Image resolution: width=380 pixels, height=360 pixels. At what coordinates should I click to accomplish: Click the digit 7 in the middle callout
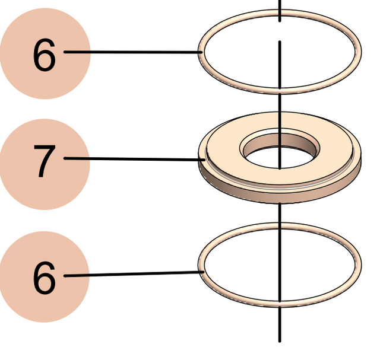[x=44, y=161]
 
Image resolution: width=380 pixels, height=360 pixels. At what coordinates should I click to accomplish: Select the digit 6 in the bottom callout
[x=44, y=278]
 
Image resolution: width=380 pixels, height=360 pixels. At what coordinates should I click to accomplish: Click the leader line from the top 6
[x=131, y=52]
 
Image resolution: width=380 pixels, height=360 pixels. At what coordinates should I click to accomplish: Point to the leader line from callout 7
[x=131, y=158]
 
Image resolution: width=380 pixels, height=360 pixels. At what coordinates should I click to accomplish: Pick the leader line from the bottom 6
[x=131, y=274]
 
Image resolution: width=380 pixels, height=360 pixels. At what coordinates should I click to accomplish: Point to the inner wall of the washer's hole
[x=297, y=139]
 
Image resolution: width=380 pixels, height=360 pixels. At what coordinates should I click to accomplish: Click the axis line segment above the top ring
[x=280, y=9]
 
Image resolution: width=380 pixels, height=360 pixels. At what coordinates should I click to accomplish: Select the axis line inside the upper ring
[x=280, y=65]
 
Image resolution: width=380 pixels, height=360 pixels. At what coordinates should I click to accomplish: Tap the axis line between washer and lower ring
[x=280, y=214]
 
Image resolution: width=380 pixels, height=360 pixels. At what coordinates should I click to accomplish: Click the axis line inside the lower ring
[x=280, y=267]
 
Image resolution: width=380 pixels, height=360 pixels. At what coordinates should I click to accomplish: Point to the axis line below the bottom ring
[x=280, y=326]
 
